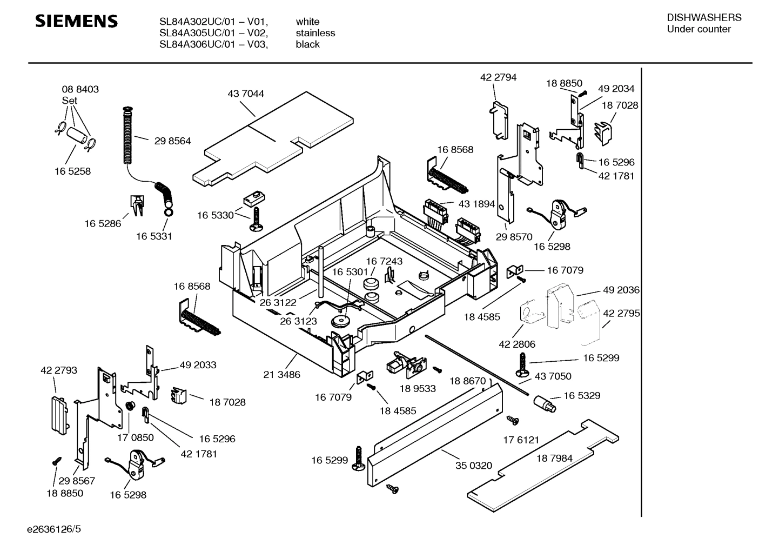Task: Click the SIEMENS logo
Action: click(x=76, y=21)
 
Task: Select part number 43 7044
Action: click(x=246, y=94)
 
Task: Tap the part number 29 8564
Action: click(x=172, y=141)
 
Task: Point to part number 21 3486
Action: click(x=281, y=374)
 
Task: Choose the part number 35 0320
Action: click(x=473, y=465)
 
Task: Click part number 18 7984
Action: click(x=554, y=459)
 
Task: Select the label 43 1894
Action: click(x=476, y=204)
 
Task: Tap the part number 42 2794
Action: click(x=498, y=77)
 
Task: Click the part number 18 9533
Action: click(x=418, y=388)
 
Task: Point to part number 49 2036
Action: click(x=621, y=290)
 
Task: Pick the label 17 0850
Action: click(x=136, y=437)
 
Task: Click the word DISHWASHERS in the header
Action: click(x=704, y=17)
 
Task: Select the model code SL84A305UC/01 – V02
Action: click(x=213, y=33)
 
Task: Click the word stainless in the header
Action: click(x=315, y=33)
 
